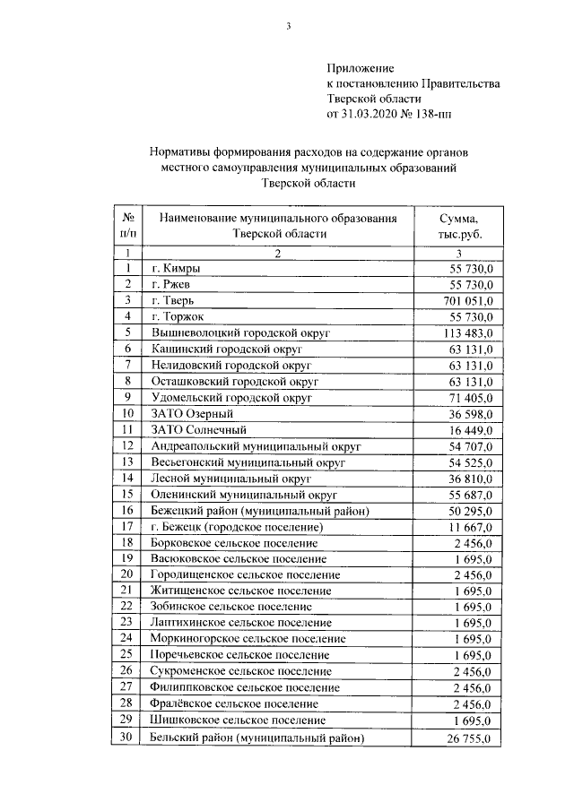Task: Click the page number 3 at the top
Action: (289, 26)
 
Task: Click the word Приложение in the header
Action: (360, 67)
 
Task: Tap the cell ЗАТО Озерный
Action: (193, 413)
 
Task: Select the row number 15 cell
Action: (128, 494)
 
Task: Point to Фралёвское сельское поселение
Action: (235, 704)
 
